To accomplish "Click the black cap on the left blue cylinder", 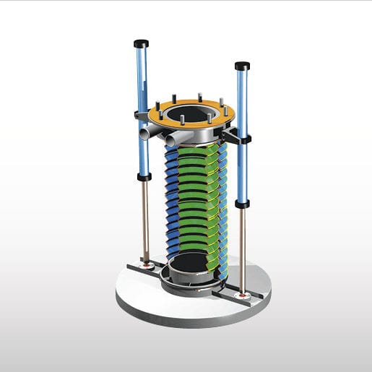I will point(142,42).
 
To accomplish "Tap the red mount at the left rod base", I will point(147,265).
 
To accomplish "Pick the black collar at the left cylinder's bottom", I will point(144,176).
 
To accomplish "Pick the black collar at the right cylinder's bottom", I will point(241,204).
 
